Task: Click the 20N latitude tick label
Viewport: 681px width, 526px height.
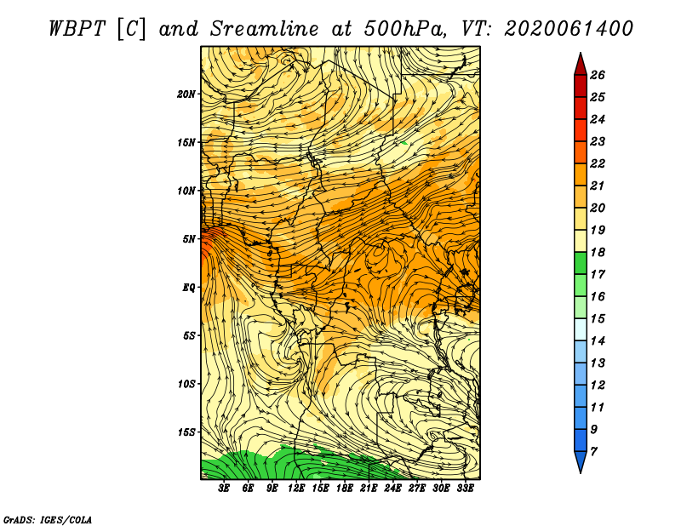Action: pyautogui.click(x=186, y=94)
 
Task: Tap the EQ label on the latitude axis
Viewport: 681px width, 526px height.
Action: pyautogui.click(x=188, y=288)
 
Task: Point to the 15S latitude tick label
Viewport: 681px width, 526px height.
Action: pyautogui.click(x=186, y=432)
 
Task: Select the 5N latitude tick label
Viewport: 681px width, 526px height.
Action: pyautogui.click(x=189, y=239)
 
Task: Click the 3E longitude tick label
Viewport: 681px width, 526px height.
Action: pyautogui.click(x=224, y=489)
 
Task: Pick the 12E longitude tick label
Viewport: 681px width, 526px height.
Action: pyautogui.click(x=296, y=489)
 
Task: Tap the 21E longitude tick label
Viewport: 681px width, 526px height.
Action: pyautogui.click(x=369, y=489)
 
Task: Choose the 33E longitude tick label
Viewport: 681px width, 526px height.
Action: pyautogui.click(x=465, y=489)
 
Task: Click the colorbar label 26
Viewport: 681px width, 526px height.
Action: pyautogui.click(x=598, y=75)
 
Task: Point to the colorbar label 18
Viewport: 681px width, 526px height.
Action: pyautogui.click(x=598, y=252)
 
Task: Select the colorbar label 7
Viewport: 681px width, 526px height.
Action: pyautogui.click(x=594, y=452)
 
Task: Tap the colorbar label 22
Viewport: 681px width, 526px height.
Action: pyautogui.click(x=598, y=163)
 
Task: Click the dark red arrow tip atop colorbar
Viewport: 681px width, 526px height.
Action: pyautogui.click(x=581, y=53)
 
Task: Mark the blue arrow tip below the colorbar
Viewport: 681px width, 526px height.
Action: pyautogui.click(x=581, y=472)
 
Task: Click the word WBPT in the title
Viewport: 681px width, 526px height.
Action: pyautogui.click(x=77, y=29)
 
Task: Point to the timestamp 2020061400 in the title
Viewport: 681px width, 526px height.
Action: pyautogui.click(x=569, y=29)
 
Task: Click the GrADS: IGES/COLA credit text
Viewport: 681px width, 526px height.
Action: pyautogui.click(x=48, y=520)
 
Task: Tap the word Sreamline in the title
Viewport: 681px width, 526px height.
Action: pyautogui.click(x=265, y=29)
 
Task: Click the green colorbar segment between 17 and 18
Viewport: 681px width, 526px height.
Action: pyautogui.click(x=581, y=263)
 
